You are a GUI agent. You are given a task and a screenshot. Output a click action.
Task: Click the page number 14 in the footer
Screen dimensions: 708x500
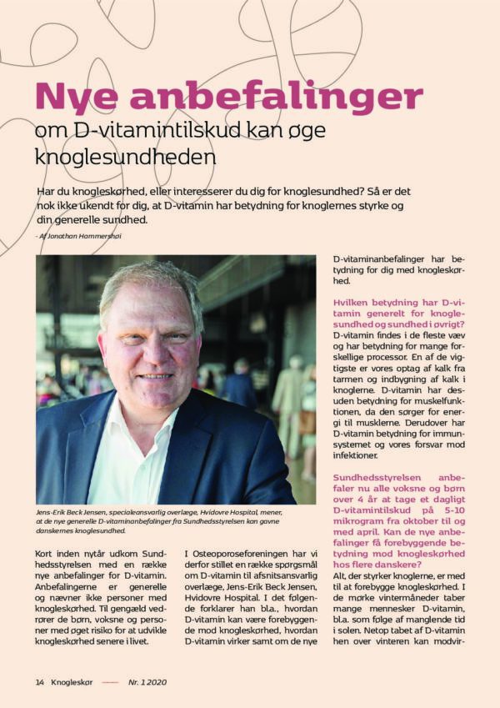[39, 681]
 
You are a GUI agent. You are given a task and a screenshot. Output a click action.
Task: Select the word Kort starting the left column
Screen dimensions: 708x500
[47, 555]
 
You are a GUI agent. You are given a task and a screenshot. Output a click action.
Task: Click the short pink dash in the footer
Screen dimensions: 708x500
[109, 681]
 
